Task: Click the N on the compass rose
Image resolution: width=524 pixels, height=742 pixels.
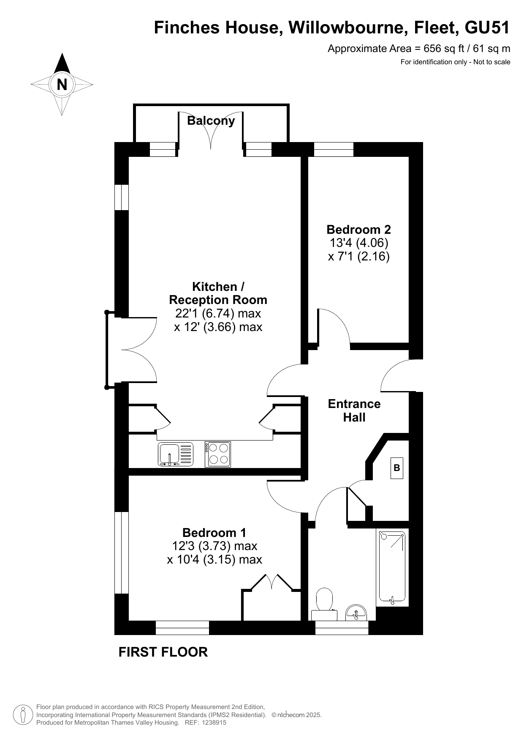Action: [x=62, y=85]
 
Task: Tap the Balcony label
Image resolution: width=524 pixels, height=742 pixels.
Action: [x=211, y=120]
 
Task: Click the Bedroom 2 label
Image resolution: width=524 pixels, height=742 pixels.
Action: [x=358, y=230]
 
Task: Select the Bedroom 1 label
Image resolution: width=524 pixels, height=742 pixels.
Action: [x=214, y=532]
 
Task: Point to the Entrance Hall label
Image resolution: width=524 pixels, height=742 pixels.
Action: [x=354, y=410]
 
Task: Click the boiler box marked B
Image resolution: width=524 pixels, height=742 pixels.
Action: [x=396, y=468]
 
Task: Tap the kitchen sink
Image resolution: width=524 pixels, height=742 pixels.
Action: [x=176, y=454]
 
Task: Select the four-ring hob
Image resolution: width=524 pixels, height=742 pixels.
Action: [x=218, y=454]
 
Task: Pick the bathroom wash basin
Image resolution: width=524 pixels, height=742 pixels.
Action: [x=356, y=612]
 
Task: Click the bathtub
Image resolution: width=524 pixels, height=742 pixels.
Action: [x=392, y=567]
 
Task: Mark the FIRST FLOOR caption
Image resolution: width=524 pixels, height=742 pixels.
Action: [x=163, y=652]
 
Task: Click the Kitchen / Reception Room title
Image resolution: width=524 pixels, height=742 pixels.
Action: [x=218, y=293]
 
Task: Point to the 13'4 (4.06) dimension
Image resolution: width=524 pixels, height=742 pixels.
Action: [x=358, y=243]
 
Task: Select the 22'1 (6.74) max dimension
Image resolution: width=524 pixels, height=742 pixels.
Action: [x=218, y=313]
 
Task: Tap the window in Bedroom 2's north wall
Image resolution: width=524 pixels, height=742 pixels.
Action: [x=334, y=149]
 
